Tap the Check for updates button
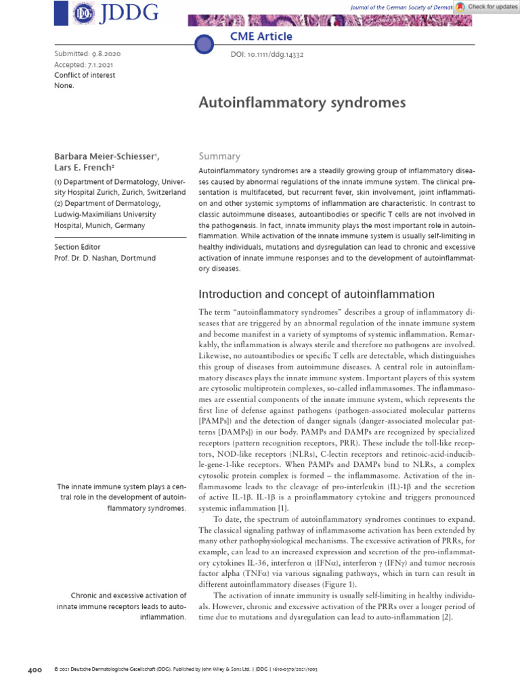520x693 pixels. [x=486, y=7]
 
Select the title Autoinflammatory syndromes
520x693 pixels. [x=301, y=103]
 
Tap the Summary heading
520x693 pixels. [x=219, y=156]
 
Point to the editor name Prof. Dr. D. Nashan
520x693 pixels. [x=106, y=259]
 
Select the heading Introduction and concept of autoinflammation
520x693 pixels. [x=316, y=294]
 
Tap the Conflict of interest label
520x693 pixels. [x=85, y=75]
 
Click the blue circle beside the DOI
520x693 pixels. [x=204, y=45]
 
